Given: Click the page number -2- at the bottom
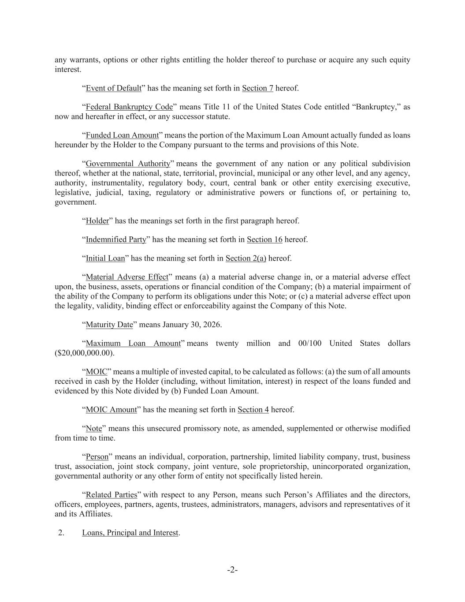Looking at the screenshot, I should (232, 570).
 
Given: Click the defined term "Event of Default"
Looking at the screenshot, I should (113, 88).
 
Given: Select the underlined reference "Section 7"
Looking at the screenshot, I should (257, 88).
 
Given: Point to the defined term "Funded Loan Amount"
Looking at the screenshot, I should (122, 135).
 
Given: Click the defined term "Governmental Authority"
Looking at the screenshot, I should (128, 164).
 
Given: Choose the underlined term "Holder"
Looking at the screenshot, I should (97, 221).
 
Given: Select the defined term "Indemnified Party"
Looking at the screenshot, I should (115, 239).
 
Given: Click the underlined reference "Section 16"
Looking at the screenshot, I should (264, 239).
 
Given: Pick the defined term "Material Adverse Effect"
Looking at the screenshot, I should (127, 277).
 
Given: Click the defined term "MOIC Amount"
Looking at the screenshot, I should (111, 410).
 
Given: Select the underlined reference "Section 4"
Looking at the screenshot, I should (253, 410).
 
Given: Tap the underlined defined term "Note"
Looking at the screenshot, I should (93, 429).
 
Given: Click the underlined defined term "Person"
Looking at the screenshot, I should (97, 457).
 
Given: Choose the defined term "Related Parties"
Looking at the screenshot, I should (111, 495).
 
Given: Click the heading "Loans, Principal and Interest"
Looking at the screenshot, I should (130, 533).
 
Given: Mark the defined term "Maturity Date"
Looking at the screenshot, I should (109, 325).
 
